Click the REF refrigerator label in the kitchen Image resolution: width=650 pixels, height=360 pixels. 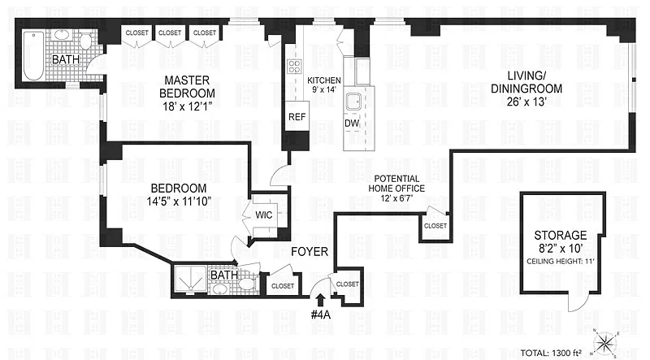pos(297,117)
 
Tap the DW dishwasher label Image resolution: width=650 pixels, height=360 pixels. pos(352,124)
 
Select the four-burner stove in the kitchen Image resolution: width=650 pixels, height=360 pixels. pos(294,67)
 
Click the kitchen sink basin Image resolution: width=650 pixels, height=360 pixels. pos(354,102)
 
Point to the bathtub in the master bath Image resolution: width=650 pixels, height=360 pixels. pos(33,56)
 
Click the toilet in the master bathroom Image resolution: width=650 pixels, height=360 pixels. pos(85,41)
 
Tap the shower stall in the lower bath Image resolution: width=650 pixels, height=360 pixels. pos(190,279)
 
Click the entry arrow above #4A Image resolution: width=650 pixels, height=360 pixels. pos(320,301)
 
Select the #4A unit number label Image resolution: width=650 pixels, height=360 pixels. pos(320,314)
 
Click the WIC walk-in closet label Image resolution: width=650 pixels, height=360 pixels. pos(263,215)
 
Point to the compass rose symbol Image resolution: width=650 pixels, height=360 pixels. pos(605,343)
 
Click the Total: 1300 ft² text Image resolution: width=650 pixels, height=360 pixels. pos(551,353)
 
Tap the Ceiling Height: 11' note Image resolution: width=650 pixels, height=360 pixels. pos(561,262)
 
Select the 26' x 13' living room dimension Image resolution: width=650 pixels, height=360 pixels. pos(526,102)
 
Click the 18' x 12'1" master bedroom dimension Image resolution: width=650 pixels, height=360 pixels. pos(188,106)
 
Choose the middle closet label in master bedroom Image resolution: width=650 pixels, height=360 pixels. pos(170,33)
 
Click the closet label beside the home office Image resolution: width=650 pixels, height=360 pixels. pos(435,226)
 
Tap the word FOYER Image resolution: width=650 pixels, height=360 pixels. pos(310,252)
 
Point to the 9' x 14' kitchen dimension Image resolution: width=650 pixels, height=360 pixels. pos(324,89)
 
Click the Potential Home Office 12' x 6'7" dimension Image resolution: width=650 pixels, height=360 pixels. pos(396,198)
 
